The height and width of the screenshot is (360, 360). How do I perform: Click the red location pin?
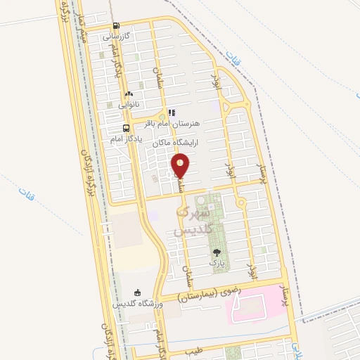pyautogui.click(x=181, y=166)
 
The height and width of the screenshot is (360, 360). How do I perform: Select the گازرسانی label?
pyautogui.click(x=116, y=35)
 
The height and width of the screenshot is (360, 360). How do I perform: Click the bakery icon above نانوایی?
pyautogui.click(x=128, y=94)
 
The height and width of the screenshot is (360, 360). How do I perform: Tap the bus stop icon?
pyautogui.click(x=126, y=128)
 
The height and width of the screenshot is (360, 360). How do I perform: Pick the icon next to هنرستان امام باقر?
pyautogui.click(x=172, y=112)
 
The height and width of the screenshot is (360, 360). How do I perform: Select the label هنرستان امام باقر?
pyautogui.click(x=172, y=122)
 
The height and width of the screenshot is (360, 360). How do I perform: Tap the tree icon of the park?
pyautogui.click(x=216, y=252)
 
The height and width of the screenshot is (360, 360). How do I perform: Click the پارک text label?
pyautogui.click(x=216, y=262)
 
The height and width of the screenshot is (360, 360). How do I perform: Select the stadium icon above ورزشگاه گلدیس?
pyautogui.click(x=138, y=292)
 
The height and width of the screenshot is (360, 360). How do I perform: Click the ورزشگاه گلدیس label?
pyautogui.click(x=138, y=303)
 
